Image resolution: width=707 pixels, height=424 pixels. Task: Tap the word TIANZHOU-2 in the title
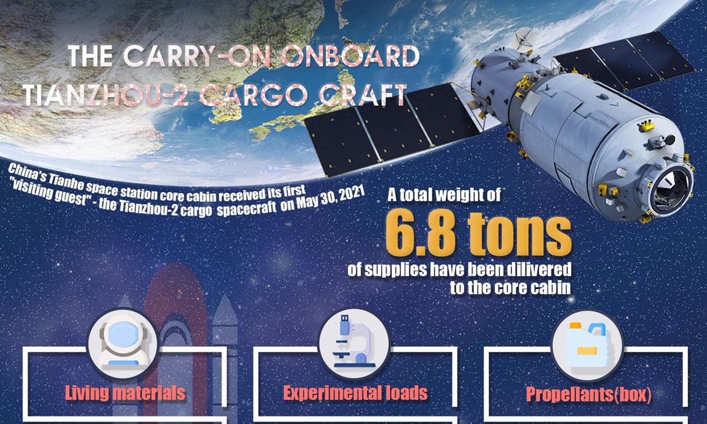click(x=105, y=95)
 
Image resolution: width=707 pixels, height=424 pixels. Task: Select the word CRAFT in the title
click(x=363, y=95)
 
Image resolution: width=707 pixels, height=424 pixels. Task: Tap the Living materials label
click(x=125, y=393)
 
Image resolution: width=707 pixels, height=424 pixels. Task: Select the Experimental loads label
click(x=355, y=393)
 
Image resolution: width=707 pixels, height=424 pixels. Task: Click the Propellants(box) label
click(x=589, y=395)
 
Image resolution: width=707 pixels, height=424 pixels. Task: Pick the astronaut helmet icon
click(x=123, y=343)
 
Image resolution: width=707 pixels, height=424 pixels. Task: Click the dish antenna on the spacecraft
click(x=523, y=39)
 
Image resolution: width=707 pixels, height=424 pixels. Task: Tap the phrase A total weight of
click(x=444, y=195)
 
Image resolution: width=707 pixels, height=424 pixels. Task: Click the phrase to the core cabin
click(x=510, y=287)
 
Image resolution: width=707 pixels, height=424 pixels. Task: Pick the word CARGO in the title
click(x=253, y=95)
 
